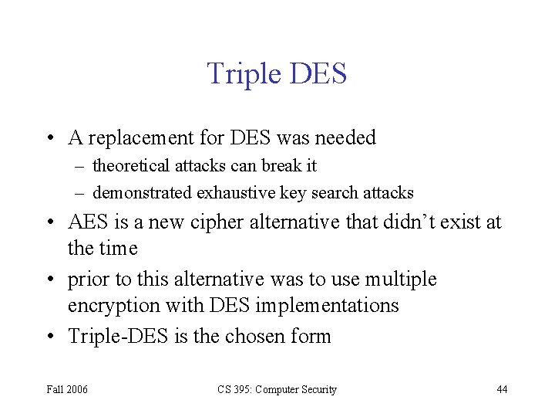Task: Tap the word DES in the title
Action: tap(318, 74)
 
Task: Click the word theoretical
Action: tap(133, 166)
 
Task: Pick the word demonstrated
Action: tap(143, 193)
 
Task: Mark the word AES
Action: tap(89, 222)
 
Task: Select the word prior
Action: tap(87, 279)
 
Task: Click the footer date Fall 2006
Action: tap(67, 389)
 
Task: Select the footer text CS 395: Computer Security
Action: tap(276, 389)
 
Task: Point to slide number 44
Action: tap(502, 389)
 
